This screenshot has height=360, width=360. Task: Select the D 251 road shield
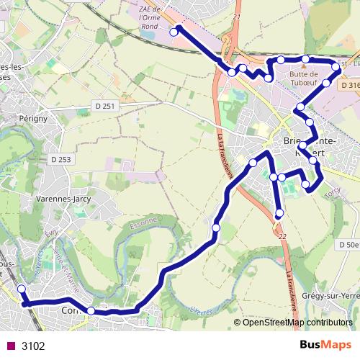pyautogui.click(x=105, y=106)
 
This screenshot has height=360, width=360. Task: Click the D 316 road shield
pyautogui.click(x=349, y=85)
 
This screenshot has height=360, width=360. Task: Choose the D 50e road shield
pyautogui.click(x=348, y=245)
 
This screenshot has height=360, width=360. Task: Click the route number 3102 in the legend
pyautogui.click(x=33, y=346)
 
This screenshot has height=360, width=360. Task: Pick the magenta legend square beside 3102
pyautogui.click(x=10, y=346)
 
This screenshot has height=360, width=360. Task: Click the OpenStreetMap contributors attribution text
pyautogui.click(x=297, y=322)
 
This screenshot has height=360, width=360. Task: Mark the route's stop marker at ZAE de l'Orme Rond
pyautogui.click(x=174, y=32)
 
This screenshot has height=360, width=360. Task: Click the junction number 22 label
pyautogui.click(x=282, y=235)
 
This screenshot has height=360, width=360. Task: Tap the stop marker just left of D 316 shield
pyautogui.click(x=334, y=67)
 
